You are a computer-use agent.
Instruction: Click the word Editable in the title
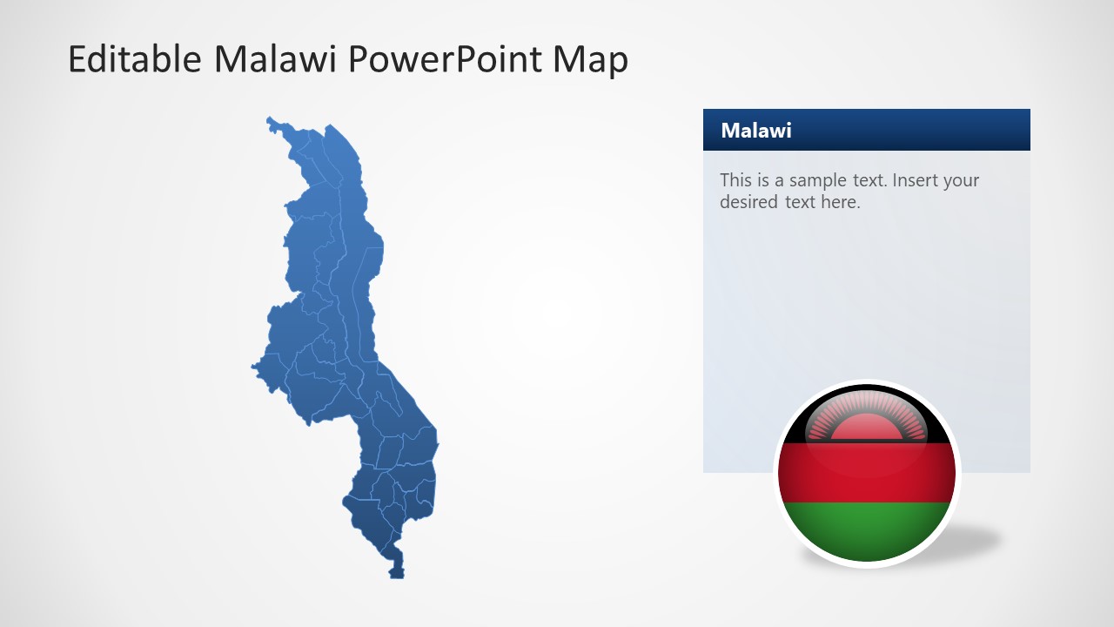pyautogui.click(x=134, y=59)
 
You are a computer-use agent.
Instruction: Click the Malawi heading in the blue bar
pyautogui.click(x=756, y=131)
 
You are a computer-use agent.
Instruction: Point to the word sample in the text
pyautogui.click(x=816, y=181)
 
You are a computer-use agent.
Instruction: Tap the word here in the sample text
pyautogui.click(x=840, y=202)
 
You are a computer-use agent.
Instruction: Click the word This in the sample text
pyautogui.click(x=735, y=181)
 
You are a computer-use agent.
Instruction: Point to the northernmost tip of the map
pyautogui.click(x=270, y=118)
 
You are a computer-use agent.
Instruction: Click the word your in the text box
pyautogui.click(x=961, y=181)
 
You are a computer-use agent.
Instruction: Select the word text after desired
pyautogui.click(x=797, y=202)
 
